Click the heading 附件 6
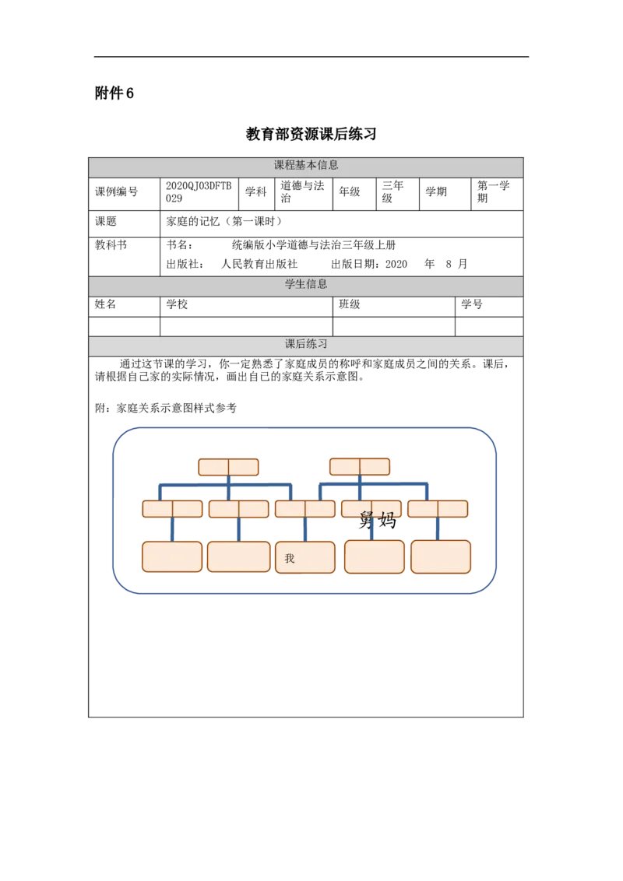pyautogui.click(x=114, y=93)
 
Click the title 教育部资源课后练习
pyautogui.click(x=311, y=134)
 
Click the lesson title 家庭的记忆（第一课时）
pyautogui.click(x=224, y=221)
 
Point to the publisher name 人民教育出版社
pyautogui.click(x=259, y=264)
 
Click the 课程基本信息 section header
pyautogui.click(x=306, y=165)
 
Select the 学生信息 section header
pyautogui.click(x=306, y=284)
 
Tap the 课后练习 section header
pyautogui.click(x=306, y=344)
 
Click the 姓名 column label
pyautogui.click(x=105, y=304)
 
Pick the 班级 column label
pyautogui.click(x=349, y=304)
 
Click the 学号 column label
pyautogui.click(x=472, y=304)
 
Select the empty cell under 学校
pyautogui.click(x=246, y=326)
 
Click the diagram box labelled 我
pyautogui.click(x=304, y=557)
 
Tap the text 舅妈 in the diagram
pyautogui.click(x=377, y=521)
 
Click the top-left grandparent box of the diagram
pyautogui.click(x=228, y=467)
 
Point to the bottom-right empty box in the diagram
pyautogui.click(x=441, y=556)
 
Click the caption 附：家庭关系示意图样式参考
pyautogui.click(x=165, y=409)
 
